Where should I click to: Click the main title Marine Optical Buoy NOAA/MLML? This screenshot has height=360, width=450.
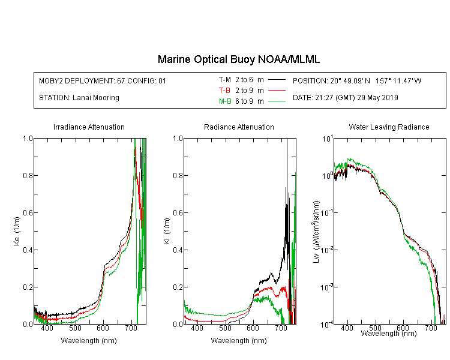[239, 60]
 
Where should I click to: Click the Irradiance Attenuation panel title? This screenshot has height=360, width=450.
[89, 127]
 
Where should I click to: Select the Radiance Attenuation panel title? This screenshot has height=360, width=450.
[239, 127]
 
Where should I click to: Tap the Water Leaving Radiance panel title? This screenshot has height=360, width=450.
[389, 127]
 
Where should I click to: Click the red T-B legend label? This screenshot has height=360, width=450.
[224, 91]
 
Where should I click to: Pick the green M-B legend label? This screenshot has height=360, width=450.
[225, 101]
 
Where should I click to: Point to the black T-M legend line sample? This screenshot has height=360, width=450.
[277, 80]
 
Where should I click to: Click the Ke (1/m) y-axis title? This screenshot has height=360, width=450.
[17, 232]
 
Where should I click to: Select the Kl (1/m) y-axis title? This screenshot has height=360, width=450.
[167, 232]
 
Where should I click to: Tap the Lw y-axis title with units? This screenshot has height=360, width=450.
[316, 232]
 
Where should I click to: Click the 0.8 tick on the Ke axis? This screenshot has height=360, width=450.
[28, 175]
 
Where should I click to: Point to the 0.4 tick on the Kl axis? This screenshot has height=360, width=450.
[178, 250]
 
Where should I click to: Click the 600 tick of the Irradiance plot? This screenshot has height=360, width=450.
[103, 328]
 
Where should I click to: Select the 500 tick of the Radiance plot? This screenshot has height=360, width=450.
[225, 328]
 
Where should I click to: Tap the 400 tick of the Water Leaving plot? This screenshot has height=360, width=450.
[347, 328]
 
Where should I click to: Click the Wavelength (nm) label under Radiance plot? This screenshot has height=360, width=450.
[239, 341]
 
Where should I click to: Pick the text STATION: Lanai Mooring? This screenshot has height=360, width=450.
[79, 98]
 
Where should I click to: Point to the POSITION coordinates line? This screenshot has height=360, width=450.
[357, 81]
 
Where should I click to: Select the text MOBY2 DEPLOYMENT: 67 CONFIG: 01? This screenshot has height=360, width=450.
[103, 81]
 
